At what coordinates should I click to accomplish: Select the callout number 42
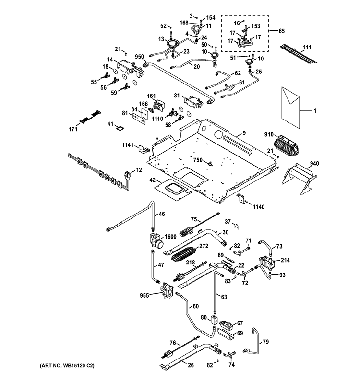152,180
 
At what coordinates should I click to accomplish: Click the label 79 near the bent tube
266,342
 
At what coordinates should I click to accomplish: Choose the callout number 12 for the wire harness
139,170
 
